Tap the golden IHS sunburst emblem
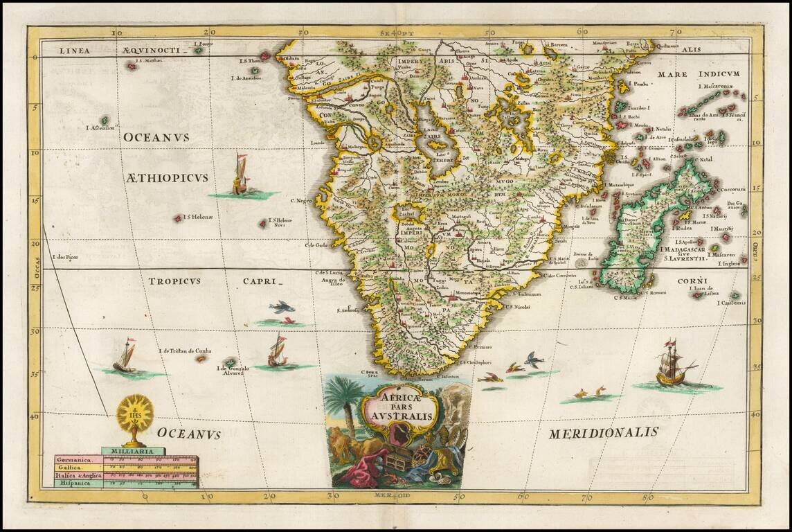point(134,415)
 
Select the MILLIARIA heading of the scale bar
point(133,452)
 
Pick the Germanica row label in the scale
point(77,461)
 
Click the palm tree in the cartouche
point(344,402)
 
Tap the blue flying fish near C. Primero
point(533,359)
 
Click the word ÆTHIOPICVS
point(167,178)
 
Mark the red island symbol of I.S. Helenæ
point(179,218)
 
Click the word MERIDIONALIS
point(603,434)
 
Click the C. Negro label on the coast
point(302,201)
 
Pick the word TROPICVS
point(174,281)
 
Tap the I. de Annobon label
point(246,78)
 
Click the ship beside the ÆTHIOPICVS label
point(240,176)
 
